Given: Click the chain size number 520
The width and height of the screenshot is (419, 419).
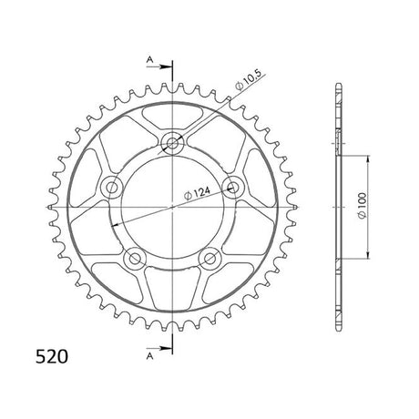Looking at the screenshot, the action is pyautogui.click(x=52, y=356).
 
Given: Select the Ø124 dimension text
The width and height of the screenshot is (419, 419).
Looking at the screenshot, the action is pyautogui.click(x=197, y=193).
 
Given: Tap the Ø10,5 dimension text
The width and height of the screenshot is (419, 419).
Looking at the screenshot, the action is pyautogui.click(x=248, y=80).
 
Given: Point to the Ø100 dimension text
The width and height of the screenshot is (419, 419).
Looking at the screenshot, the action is pyautogui.click(x=363, y=205).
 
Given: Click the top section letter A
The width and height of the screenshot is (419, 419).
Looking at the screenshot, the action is pyautogui.click(x=149, y=59).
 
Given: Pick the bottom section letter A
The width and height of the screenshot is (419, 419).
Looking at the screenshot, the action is pyautogui.click(x=149, y=356).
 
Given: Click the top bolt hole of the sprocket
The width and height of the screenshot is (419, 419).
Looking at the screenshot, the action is pyautogui.click(x=172, y=143).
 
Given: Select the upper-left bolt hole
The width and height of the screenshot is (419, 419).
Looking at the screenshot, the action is pyautogui.click(x=111, y=187).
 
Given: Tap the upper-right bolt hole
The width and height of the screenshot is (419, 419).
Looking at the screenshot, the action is pyautogui.click(x=233, y=187).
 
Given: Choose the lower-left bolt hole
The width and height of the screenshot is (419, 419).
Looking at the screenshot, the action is pyautogui.click(x=135, y=259).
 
